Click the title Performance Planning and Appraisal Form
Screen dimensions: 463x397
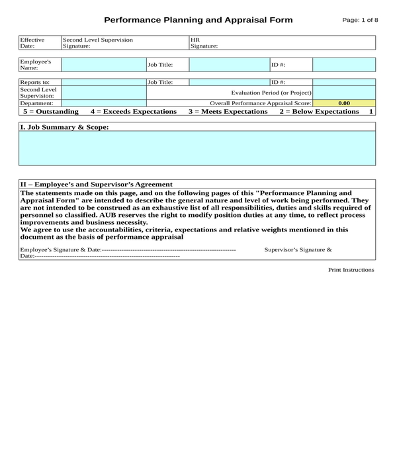pyautogui.click(x=198, y=20)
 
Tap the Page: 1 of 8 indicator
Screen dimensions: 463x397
pyautogui.click(x=360, y=20)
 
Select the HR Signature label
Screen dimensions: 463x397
pyautogui.click(x=203, y=43)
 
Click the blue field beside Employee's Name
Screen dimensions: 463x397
pyautogui.click(x=103, y=64)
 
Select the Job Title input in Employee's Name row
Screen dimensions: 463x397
pyautogui.click(x=229, y=64)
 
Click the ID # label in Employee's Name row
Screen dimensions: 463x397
pyautogui.click(x=279, y=64)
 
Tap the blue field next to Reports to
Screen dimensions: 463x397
pyautogui.click(x=103, y=82)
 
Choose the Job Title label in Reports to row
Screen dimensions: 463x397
pyautogui.click(x=160, y=82)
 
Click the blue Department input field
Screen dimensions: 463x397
pyautogui.click(x=103, y=103)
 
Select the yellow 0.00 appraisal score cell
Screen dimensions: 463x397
pyautogui.click(x=343, y=103)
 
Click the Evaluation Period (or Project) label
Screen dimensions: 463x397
pyautogui.click(x=271, y=93)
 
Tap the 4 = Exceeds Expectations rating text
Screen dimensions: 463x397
pyautogui.click(x=134, y=112)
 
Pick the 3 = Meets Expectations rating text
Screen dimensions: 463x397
pyautogui.click(x=228, y=112)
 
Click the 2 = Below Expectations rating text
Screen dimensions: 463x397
pyautogui.click(x=319, y=112)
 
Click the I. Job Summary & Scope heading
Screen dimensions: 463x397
pyautogui.click(x=64, y=126)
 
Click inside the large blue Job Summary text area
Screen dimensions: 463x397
pyautogui.click(x=197, y=147)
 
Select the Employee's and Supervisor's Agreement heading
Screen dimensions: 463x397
pyautogui.click(x=97, y=185)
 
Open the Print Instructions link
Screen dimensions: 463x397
pyautogui.click(x=351, y=270)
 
